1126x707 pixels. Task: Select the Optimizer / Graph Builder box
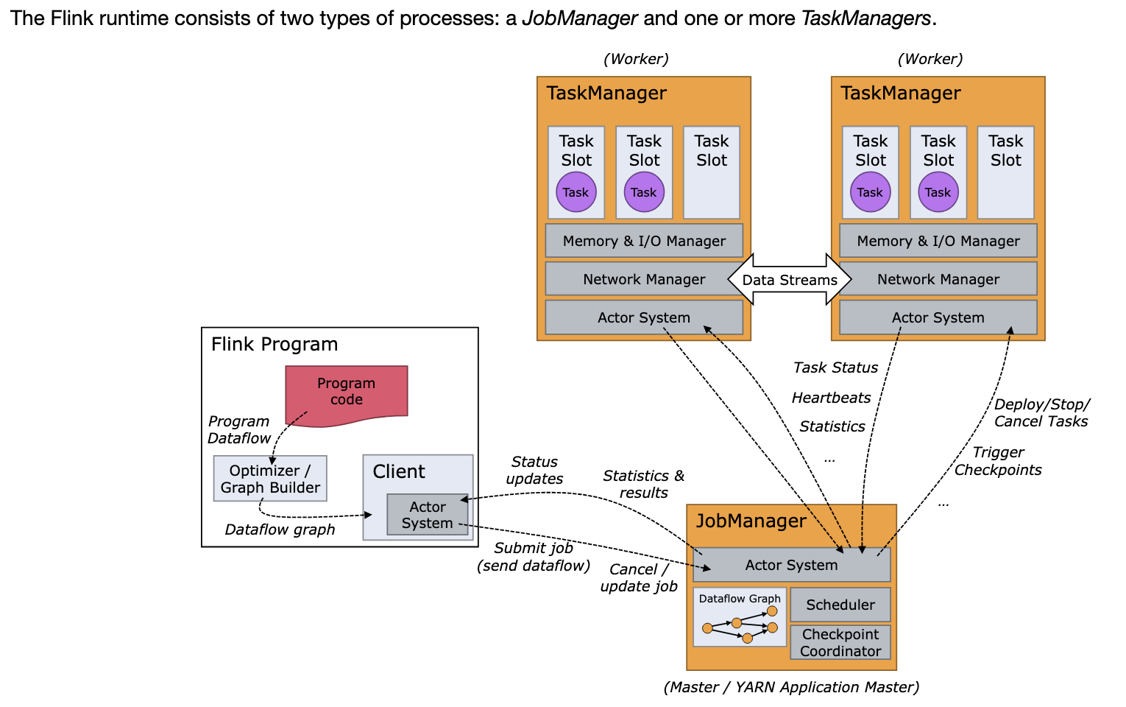coord(270,479)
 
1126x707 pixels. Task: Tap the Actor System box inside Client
coord(427,515)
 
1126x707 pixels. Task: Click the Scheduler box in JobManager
coord(840,605)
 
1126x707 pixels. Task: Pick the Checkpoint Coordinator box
coord(840,642)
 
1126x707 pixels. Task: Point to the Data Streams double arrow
coord(790,280)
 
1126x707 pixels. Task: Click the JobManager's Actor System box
coord(791,565)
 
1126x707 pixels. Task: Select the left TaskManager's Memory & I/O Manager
coord(644,241)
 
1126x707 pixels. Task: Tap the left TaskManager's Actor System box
coord(644,317)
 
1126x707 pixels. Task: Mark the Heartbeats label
coord(831,398)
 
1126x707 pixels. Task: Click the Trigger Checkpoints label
coord(998,461)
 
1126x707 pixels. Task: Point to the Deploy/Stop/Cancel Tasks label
coord(1041,412)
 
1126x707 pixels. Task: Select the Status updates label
coord(534,470)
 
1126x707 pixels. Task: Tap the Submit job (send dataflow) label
coord(534,557)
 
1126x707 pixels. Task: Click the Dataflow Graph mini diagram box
coord(740,617)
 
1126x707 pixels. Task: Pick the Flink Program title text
coord(275,344)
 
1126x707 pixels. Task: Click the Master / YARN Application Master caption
coord(791,687)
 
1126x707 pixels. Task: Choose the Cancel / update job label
coord(639,577)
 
